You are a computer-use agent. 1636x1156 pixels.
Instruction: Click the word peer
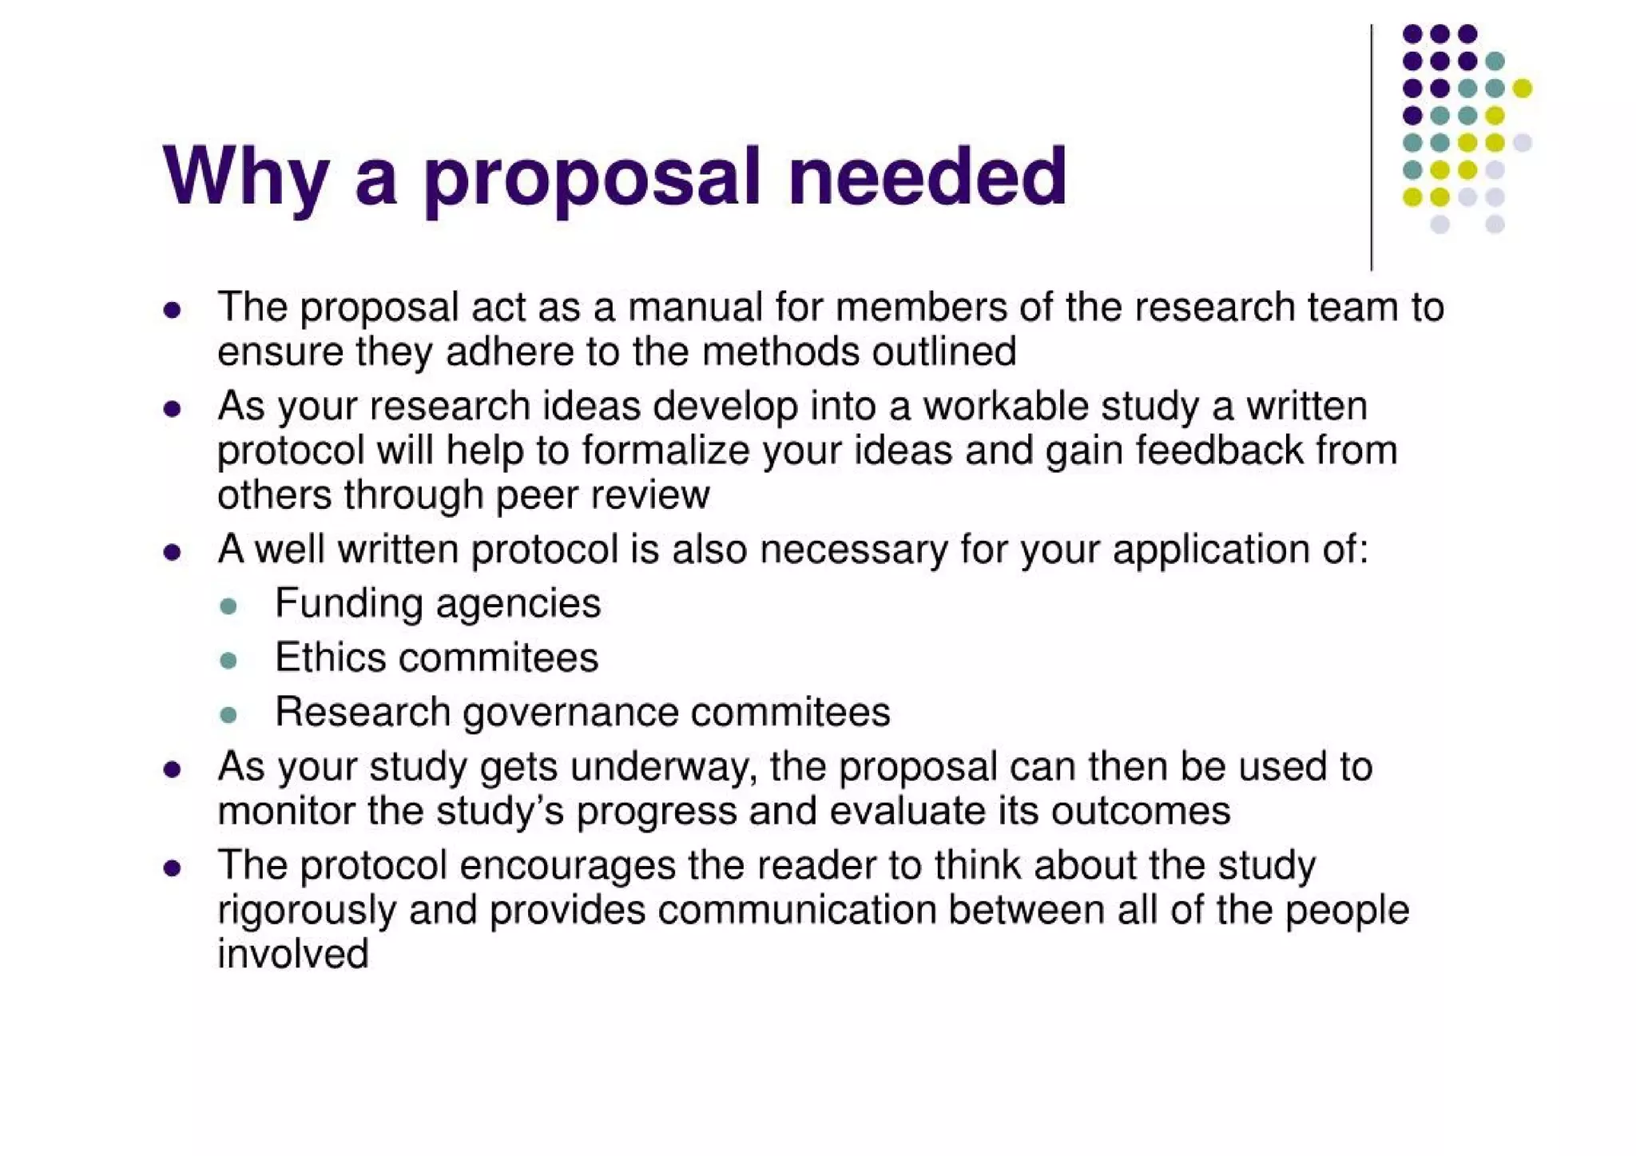[x=531, y=496]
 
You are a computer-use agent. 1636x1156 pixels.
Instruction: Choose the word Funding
[x=348, y=603]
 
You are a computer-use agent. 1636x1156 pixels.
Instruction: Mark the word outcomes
[x=1140, y=812]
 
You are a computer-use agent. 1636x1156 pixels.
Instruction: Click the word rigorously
[x=306, y=911]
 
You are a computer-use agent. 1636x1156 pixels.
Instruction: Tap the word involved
[x=292, y=954]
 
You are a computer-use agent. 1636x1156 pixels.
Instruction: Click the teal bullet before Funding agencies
[x=228, y=606]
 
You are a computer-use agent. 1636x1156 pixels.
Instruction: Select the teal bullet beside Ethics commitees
[x=228, y=660]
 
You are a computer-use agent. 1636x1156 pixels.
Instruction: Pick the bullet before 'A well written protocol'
[x=172, y=552]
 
